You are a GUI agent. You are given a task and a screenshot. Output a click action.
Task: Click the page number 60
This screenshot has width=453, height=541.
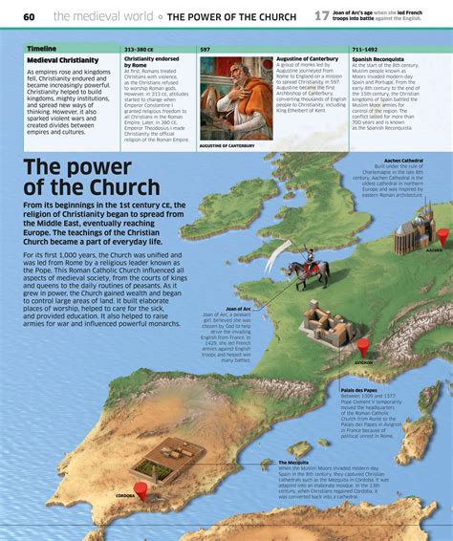pyautogui.click(x=29, y=17)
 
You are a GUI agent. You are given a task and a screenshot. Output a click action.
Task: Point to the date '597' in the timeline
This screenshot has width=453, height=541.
pyautogui.click(x=205, y=48)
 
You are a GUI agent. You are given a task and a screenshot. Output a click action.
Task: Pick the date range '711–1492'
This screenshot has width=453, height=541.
pyautogui.click(x=365, y=48)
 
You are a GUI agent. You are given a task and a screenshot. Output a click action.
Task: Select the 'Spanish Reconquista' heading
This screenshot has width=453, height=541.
pyautogui.click(x=378, y=58)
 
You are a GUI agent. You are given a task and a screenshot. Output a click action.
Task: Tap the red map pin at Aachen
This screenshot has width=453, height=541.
pyautogui.click(x=442, y=235)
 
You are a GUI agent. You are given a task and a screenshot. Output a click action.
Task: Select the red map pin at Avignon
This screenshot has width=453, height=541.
pyautogui.click(x=362, y=346)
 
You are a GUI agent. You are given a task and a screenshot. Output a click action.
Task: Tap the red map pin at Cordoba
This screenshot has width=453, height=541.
pyautogui.click(x=140, y=490)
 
